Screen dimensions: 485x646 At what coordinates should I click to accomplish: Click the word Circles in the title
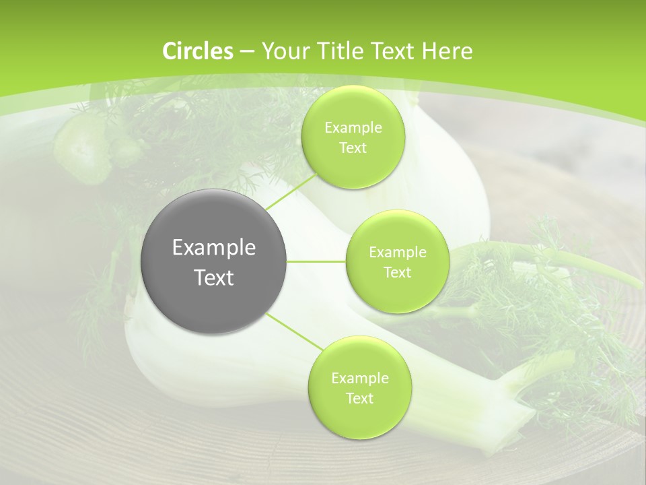(x=197, y=51)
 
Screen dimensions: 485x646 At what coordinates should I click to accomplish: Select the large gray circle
(x=214, y=261)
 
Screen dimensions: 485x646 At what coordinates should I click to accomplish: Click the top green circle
(x=353, y=137)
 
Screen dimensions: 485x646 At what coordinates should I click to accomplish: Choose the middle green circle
(x=397, y=261)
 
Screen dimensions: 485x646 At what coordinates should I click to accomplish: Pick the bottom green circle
(x=359, y=387)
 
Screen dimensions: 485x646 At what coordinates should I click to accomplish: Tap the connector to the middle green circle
(x=316, y=261)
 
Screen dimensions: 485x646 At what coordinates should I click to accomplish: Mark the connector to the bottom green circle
(x=293, y=333)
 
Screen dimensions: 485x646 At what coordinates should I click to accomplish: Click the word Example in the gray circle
(x=214, y=248)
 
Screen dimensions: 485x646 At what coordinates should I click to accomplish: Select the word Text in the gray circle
(x=214, y=278)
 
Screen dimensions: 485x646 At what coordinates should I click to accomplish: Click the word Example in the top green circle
(x=353, y=127)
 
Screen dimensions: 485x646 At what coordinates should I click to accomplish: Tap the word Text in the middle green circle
(x=397, y=272)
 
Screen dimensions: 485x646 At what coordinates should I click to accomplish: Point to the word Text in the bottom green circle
(x=359, y=398)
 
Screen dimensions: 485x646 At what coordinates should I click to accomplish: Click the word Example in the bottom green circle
(x=359, y=378)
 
